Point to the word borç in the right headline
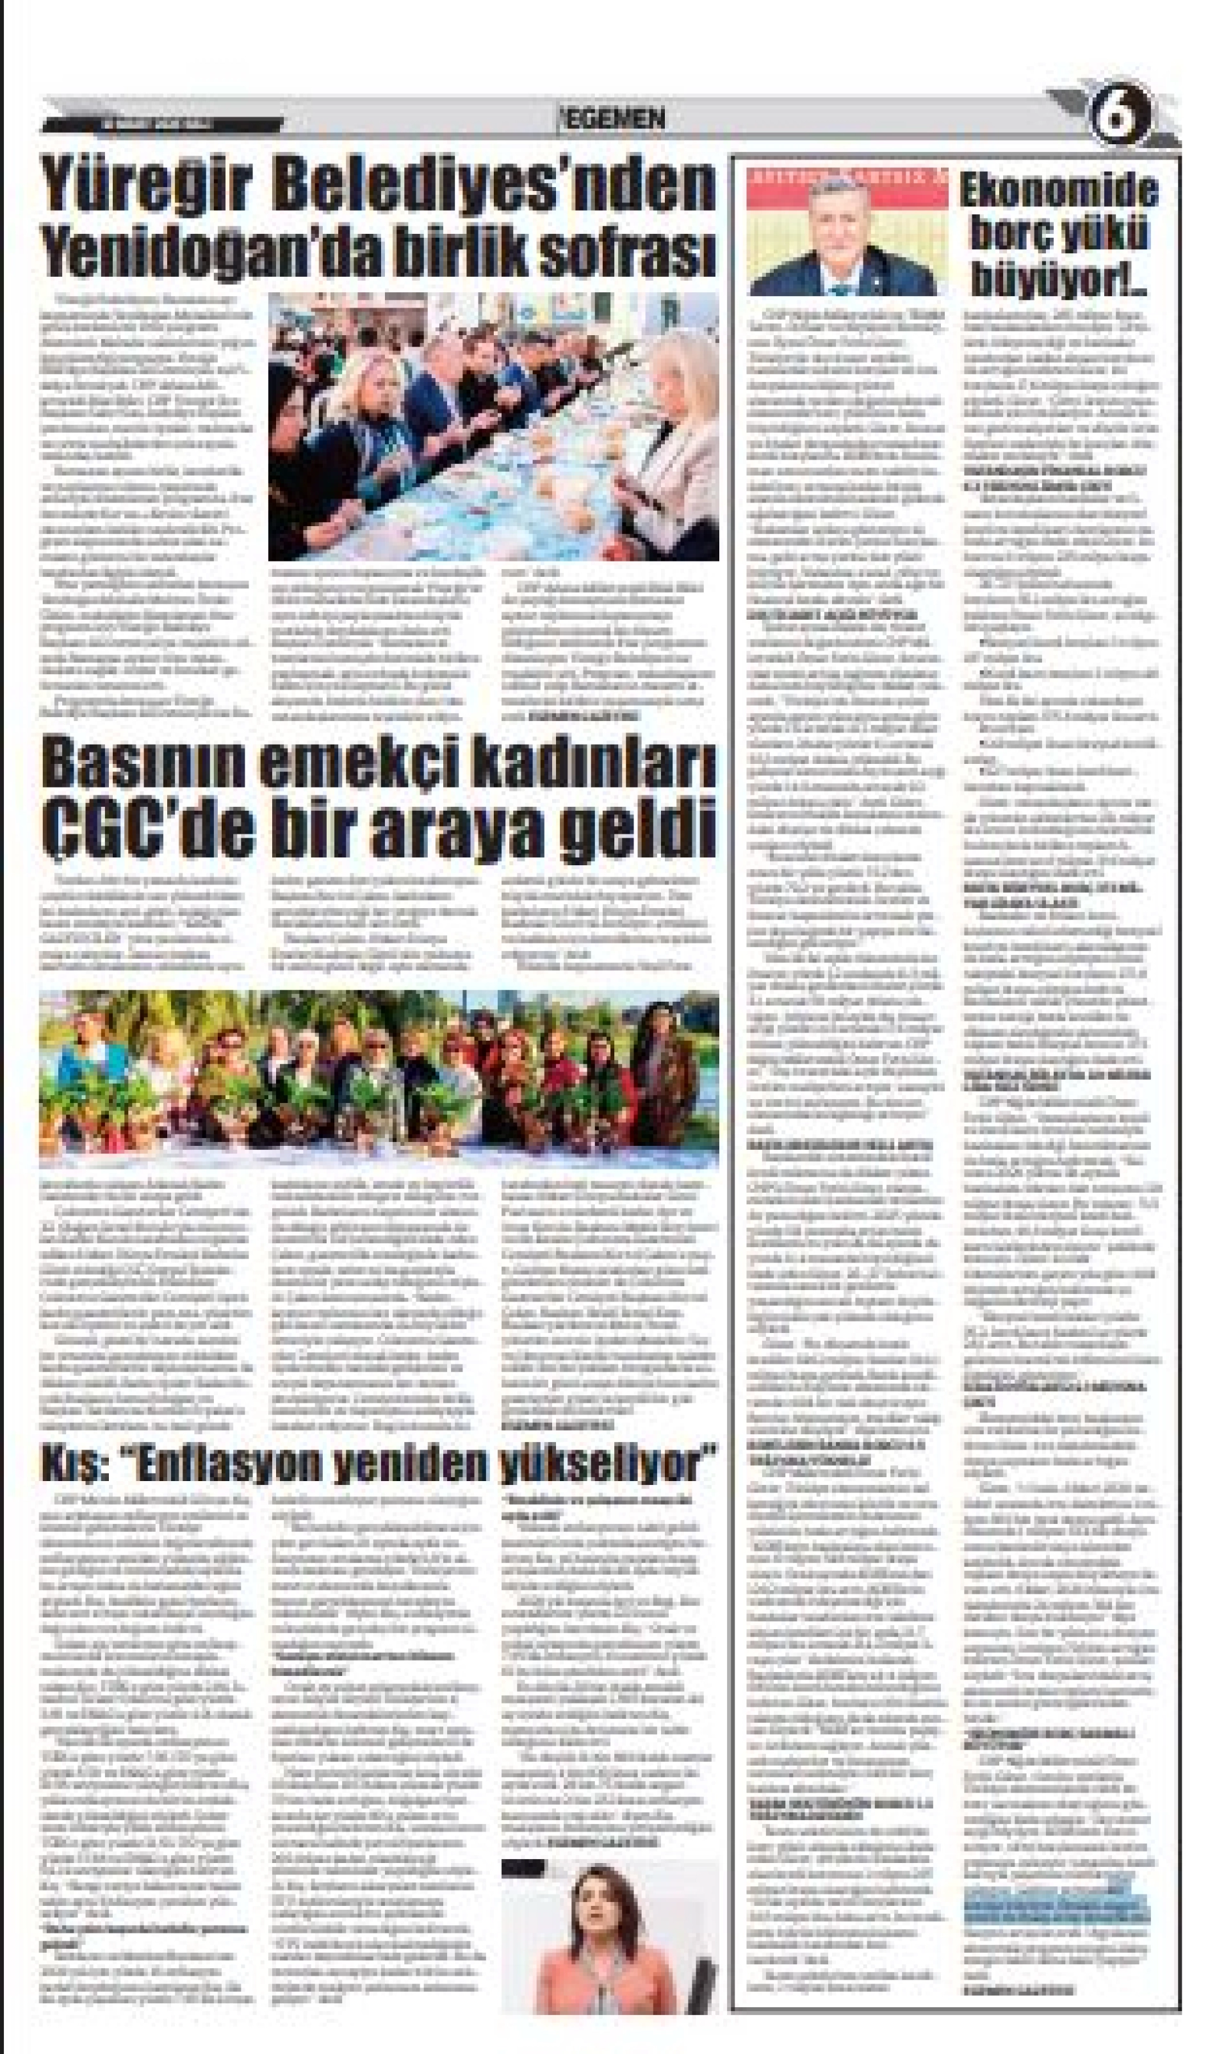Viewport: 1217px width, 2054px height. click(1015, 237)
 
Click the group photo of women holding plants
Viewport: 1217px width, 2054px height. click(379, 1079)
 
